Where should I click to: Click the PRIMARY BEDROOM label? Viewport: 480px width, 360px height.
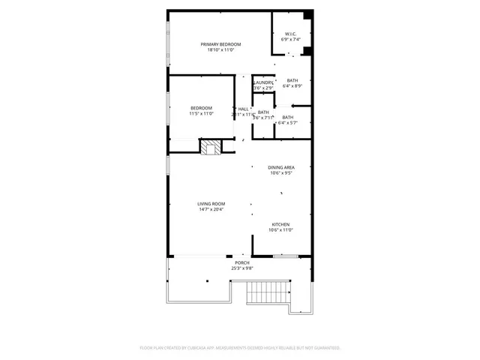pyautogui.click(x=220, y=45)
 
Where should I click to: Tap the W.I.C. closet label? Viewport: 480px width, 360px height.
pyautogui.click(x=291, y=33)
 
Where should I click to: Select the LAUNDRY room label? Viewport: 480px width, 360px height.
pyautogui.click(x=263, y=82)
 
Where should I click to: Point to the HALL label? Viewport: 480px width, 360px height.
pyautogui.click(x=244, y=109)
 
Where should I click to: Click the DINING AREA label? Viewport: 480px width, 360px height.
pyautogui.click(x=281, y=167)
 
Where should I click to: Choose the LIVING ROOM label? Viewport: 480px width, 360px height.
pyautogui.click(x=211, y=204)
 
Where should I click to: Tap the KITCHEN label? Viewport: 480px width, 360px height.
pyautogui.click(x=280, y=224)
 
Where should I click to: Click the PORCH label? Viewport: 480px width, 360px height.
pyautogui.click(x=242, y=262)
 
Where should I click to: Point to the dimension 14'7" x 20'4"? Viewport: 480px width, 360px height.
pyautogui.click(x=211, y=210)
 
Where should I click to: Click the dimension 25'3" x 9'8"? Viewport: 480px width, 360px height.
pyautogui.click(x=242, y=268)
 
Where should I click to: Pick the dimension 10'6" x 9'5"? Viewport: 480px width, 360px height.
pyautogui.click(x=281, y=173)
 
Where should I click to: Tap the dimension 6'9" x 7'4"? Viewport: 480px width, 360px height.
pyautogui.click(x=291, y=39)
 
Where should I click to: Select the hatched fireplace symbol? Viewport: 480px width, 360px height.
pyautogui.click(x=211, y=147)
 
